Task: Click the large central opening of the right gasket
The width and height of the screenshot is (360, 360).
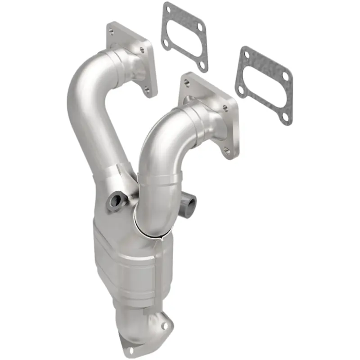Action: click(x=263, y=85)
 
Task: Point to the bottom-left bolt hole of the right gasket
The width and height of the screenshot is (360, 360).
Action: click(x=242, y=90)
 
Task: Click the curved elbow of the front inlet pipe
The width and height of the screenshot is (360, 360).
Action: click(x=157, y=144)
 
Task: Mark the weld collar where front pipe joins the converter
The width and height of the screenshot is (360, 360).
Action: click(x=155, y=229)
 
